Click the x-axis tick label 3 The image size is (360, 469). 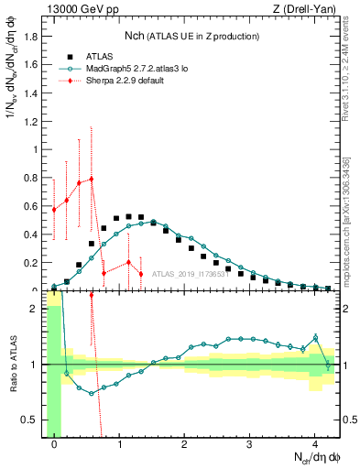249,441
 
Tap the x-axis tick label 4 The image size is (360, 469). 314,441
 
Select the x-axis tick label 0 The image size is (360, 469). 54,441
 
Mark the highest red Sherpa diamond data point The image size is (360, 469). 91,179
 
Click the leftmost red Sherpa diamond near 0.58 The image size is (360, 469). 54,210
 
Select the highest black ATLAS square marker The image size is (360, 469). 128,216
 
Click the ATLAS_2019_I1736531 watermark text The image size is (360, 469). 190,273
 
